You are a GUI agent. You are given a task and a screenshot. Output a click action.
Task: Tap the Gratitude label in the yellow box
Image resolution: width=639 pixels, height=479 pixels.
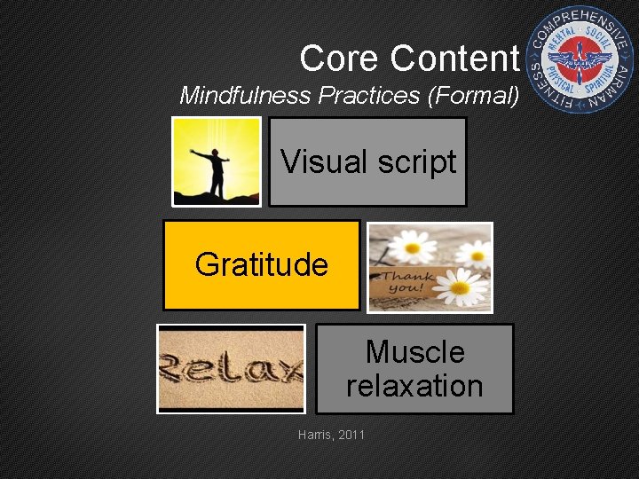point(261,264)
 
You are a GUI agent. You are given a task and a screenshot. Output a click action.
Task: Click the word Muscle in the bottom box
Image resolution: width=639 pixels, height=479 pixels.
point(414,352)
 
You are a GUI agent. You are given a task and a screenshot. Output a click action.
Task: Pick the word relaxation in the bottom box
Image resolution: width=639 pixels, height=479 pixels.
point(414,386)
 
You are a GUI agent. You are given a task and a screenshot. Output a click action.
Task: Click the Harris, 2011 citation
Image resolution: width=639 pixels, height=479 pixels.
point(331,435)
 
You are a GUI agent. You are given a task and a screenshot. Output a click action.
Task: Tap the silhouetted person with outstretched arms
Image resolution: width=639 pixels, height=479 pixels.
point(213,169)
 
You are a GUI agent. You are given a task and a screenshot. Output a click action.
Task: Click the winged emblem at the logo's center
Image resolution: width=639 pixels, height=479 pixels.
point(581,61)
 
